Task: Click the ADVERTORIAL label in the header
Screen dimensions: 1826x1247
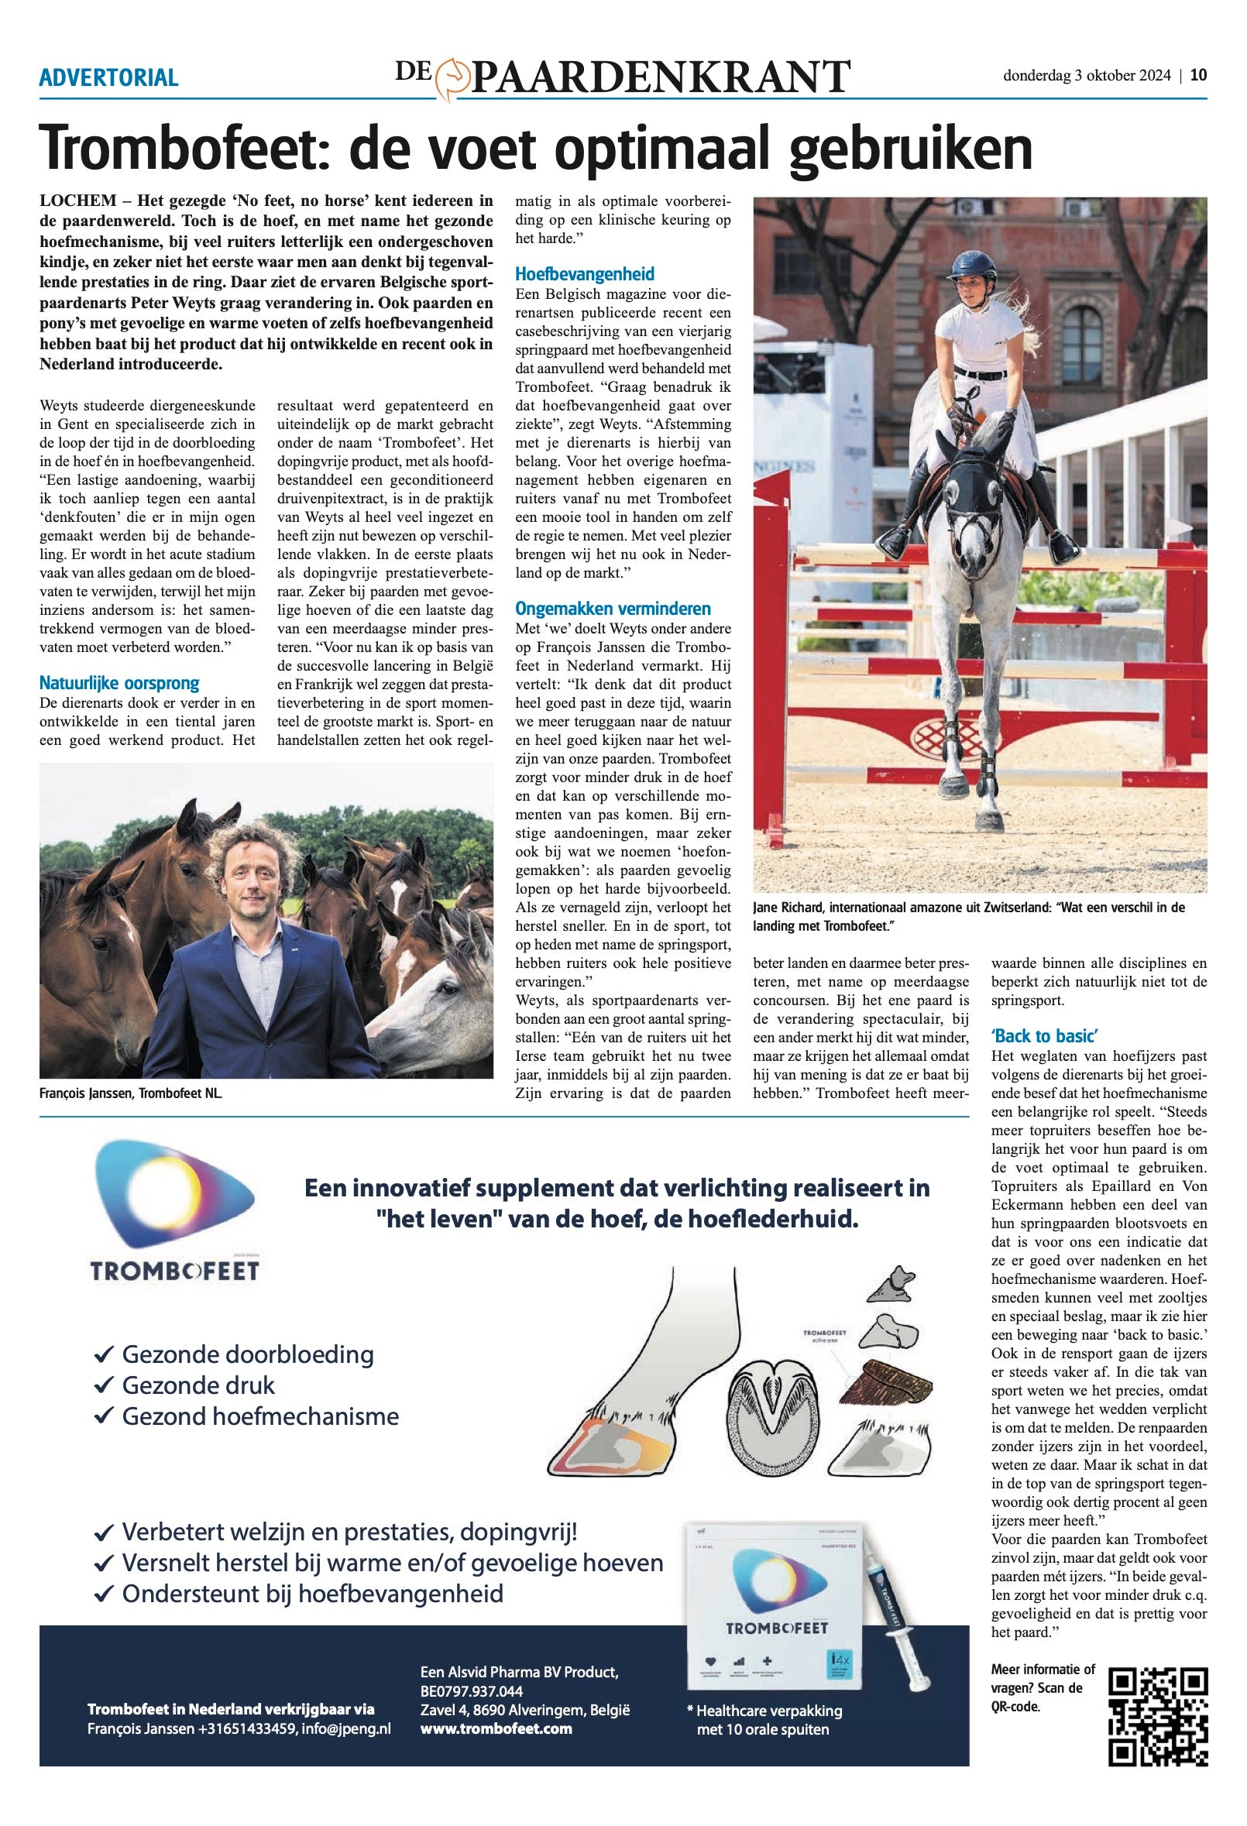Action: (x=108, y=77)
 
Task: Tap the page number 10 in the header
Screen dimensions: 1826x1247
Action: (x=1198, y=75)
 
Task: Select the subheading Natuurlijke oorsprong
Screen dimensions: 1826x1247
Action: (x=119, y=683)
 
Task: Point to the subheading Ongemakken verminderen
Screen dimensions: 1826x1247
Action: (x=613, y=609)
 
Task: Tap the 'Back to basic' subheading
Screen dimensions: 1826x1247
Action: (x=1044, y=1035)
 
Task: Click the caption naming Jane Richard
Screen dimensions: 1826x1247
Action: (x=968, y=916)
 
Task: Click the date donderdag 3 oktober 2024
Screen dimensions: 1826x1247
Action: (x=1087, y=75)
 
